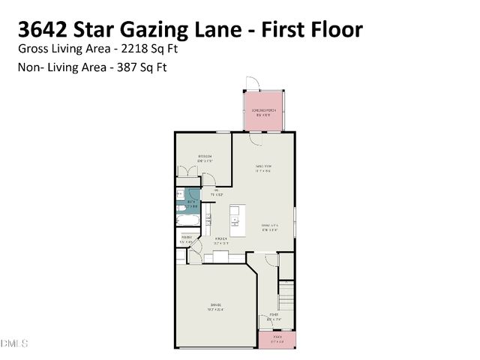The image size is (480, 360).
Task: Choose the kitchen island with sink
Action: click(x=235, y=218)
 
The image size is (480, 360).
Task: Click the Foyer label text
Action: click(x=274, y=316)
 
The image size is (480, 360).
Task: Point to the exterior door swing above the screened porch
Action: click(x=252, y=84)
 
